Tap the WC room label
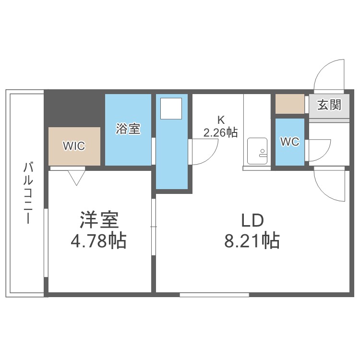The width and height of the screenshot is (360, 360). coord(290,142)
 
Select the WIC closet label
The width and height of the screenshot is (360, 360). coord(74,146)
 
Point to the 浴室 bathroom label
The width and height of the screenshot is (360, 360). coord(128,129)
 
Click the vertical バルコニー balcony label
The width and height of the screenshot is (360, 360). coord(28,193)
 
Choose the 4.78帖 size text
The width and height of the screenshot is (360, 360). coord(98,241)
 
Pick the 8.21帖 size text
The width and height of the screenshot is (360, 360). coord(252,241)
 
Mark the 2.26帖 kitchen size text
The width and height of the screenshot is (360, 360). coord(220,132)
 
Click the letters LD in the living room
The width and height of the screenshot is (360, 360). coord(252,220)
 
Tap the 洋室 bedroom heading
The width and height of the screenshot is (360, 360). coord(99,220)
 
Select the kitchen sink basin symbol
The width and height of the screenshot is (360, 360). coord(257,151)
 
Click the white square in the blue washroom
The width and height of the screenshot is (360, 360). coord(171,108)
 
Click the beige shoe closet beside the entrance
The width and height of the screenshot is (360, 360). coord(290,104)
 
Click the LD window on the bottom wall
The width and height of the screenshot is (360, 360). coord(215,295)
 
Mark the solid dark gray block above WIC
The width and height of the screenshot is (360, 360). coord(73,108)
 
